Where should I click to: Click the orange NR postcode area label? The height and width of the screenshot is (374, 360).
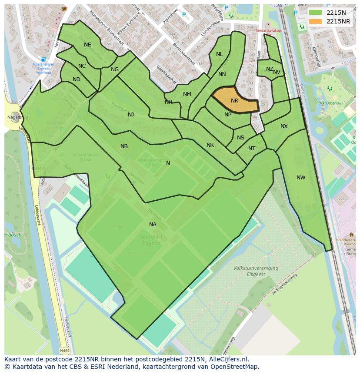coord(234,101)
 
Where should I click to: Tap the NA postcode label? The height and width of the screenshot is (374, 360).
coord(153,225)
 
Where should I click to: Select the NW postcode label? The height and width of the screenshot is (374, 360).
coord(301,178)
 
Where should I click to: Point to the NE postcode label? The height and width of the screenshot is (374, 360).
coord(87,45)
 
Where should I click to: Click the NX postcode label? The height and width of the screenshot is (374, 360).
coord(284,126)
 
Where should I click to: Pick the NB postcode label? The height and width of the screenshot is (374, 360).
coord(124,146)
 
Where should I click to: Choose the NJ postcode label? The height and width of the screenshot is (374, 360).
coord(131,115)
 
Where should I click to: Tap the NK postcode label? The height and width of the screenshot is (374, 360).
coord(210,145)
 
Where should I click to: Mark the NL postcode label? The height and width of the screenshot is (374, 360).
coord(219,54)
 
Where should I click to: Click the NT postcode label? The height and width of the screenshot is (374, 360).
coord(252,149)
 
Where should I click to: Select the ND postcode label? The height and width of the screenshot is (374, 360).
coord(77,79)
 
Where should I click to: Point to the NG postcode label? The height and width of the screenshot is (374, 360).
coord(115,70)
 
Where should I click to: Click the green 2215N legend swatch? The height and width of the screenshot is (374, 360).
coord(316,13)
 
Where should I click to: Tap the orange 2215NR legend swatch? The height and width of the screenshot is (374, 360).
coord(316,21)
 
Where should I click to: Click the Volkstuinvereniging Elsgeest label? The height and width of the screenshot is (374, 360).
coord(256,271)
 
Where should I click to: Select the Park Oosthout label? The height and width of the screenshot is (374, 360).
coord(327,103)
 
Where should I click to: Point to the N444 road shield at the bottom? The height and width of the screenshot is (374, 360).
coord(64,351)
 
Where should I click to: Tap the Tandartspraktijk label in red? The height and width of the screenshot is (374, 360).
coord(268,31)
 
